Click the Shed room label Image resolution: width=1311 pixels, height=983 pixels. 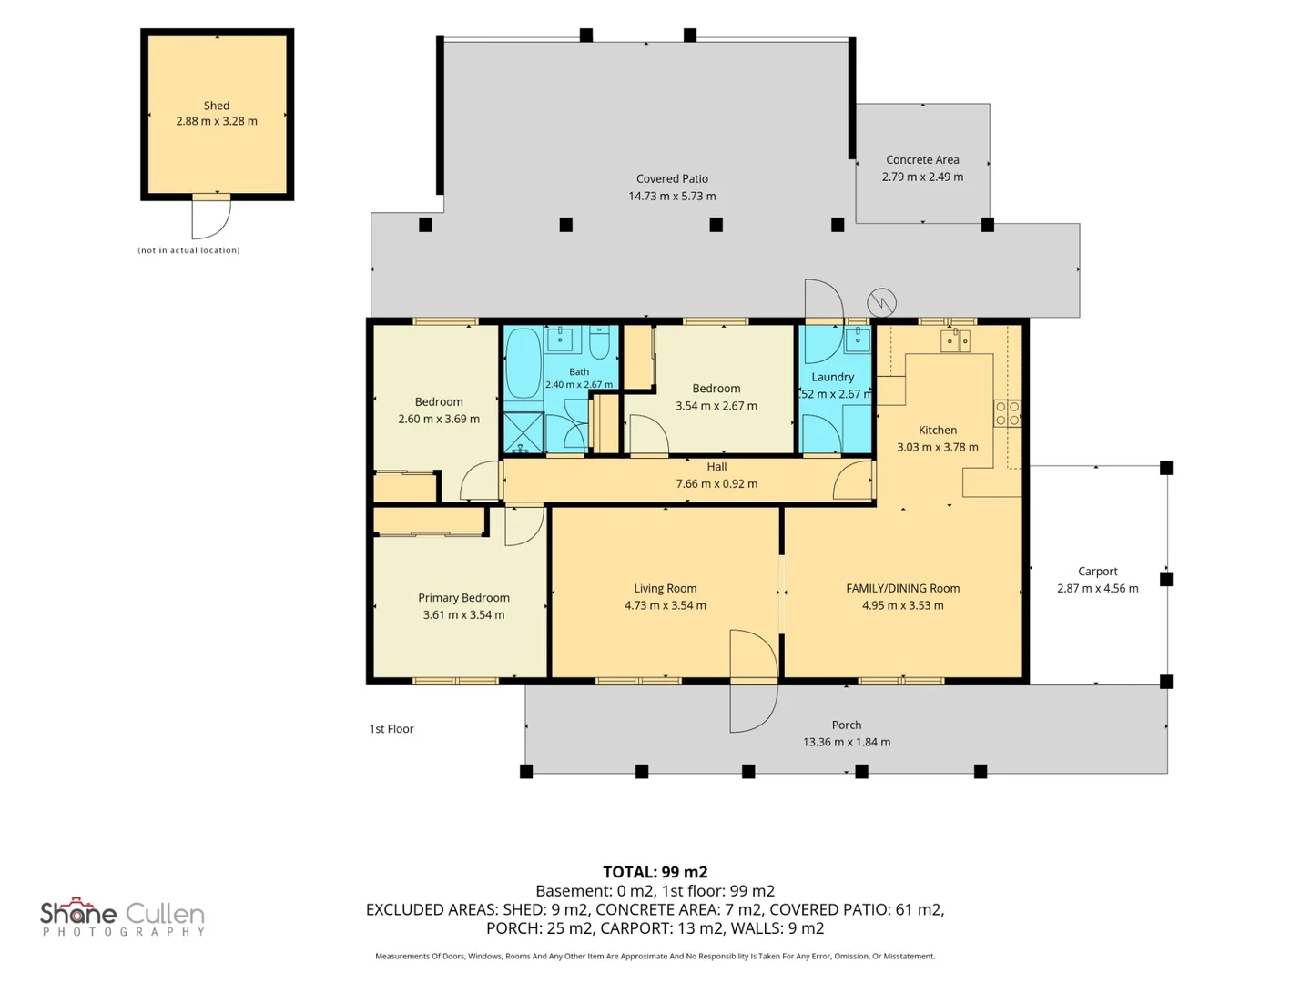click(216, 106)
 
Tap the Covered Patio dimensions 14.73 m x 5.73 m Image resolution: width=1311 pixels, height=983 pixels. click(672, 196)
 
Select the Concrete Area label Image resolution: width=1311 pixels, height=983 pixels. click(922, 159)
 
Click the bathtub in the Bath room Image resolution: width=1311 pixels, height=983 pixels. click(523, 362)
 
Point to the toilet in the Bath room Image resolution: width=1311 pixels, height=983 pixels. click(599, 341)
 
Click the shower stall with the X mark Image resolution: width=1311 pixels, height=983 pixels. click(523, 432)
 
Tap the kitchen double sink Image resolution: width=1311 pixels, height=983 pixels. click(955, 340)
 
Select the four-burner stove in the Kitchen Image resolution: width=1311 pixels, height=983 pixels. click(1007, 413)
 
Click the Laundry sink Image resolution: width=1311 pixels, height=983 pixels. click(858, 339)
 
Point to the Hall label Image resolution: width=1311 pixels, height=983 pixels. click(716, 467)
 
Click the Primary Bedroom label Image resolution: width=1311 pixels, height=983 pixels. click(463, 597)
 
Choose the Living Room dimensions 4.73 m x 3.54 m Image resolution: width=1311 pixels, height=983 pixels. click(666, 605)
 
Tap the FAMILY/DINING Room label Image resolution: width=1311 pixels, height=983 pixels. click(902, 588)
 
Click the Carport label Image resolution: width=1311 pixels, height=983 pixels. click(1098, 572)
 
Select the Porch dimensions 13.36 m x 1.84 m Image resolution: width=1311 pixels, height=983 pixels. click(847, 742)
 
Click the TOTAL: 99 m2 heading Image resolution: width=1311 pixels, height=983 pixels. click(655, 872)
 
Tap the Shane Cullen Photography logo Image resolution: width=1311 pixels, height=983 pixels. click(123, 917)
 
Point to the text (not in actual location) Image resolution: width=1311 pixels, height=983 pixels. click(188, 250)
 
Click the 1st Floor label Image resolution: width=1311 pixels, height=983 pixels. click(391, 729)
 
